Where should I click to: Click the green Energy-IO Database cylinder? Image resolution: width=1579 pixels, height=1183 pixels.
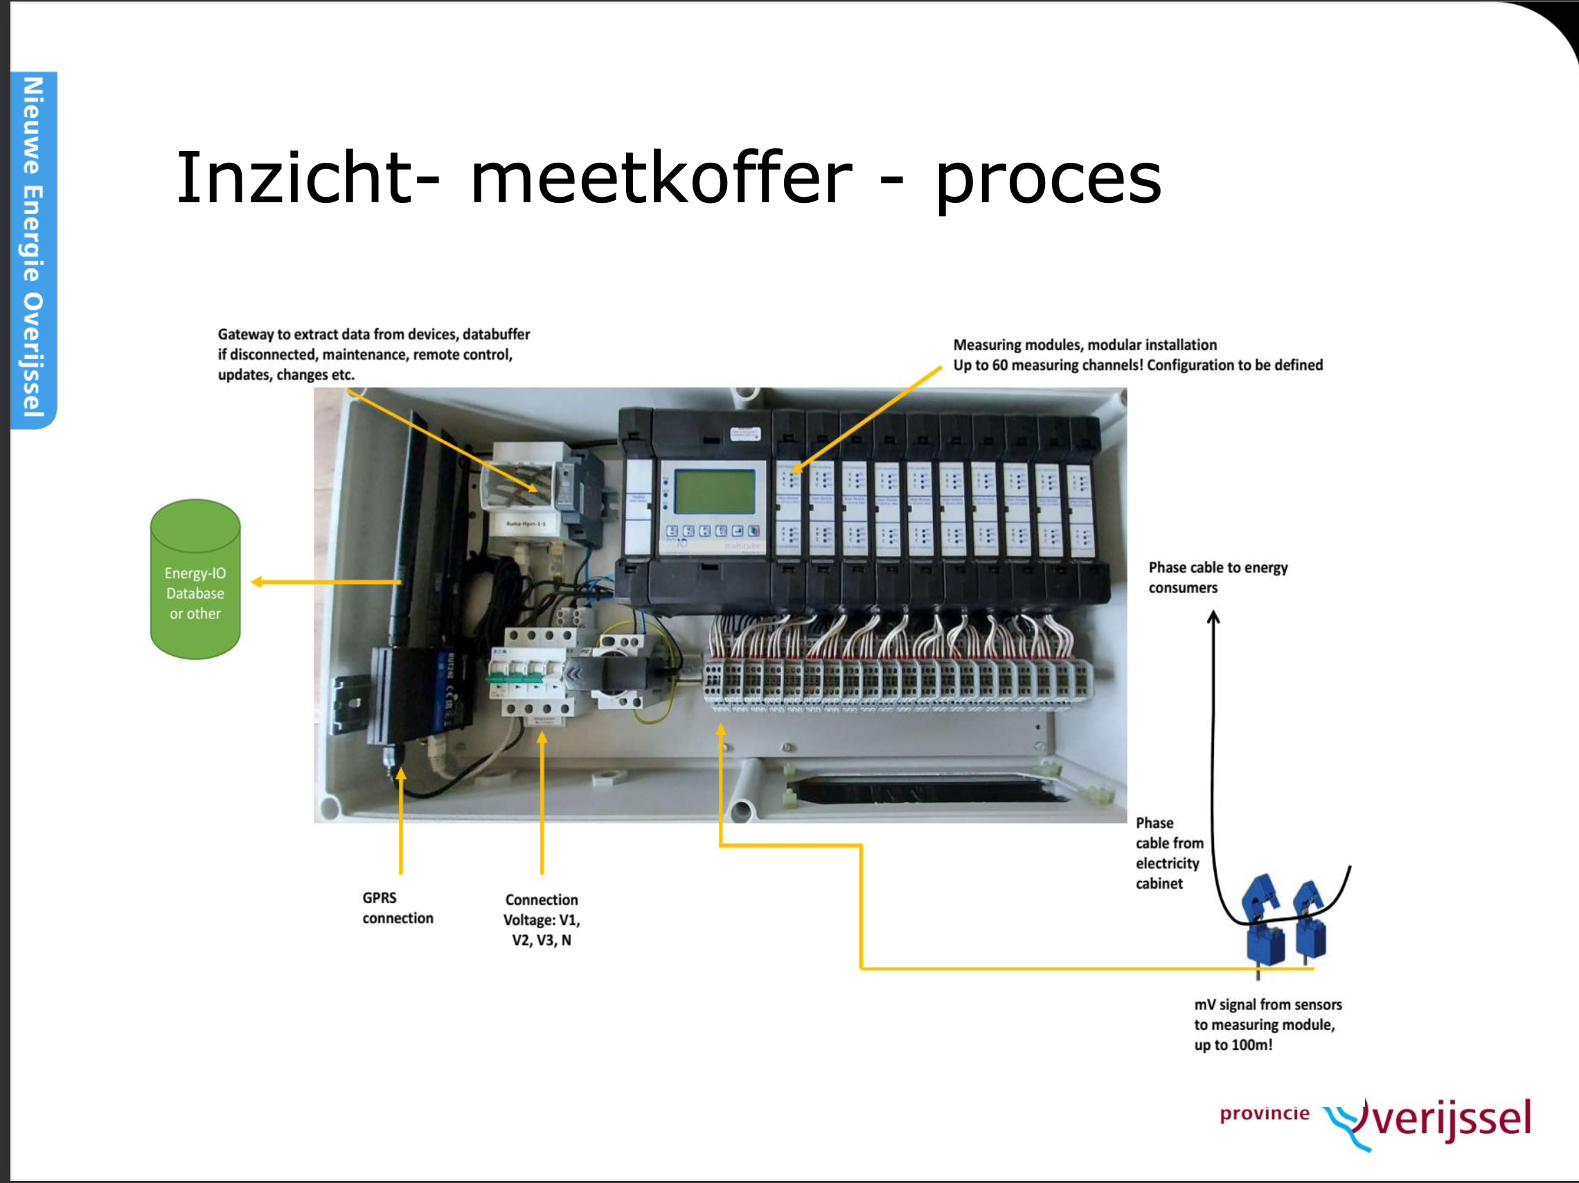tap(195, 580)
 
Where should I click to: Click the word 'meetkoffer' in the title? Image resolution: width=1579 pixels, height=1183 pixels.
tap(661, 179)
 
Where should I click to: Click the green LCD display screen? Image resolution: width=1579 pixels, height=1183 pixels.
tap(714, 491)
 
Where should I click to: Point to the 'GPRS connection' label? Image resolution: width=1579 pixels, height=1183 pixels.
tap(397, 907)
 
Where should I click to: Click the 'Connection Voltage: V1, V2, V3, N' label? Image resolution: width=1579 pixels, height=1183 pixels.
tap(541, 920)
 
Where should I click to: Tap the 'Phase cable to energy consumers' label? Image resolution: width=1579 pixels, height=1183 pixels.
tap(1217, 577)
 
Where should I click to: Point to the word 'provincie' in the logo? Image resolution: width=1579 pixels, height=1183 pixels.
tap(1264, 1113)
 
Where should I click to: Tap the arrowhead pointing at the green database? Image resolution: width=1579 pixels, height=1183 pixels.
tap(257, 582)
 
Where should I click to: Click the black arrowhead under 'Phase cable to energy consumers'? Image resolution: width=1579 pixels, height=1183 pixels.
tap(1213, 617)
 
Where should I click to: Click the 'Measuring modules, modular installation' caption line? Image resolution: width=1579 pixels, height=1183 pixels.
tap(1085, 345)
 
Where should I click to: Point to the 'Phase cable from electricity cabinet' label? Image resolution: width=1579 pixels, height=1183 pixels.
tap(1168, 853)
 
